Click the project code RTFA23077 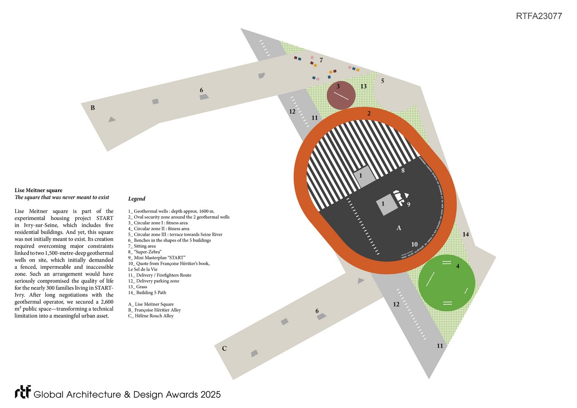(539, 16)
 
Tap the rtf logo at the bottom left (22, 392)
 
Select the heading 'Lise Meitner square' (39, 190)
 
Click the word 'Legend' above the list (136, 199)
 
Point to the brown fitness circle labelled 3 (340, 96)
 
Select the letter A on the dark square (399, 228)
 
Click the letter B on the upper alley (92, 108)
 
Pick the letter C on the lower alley (224, 348)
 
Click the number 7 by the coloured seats (321, 60)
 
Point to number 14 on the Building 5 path (465, 234)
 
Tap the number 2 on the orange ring (369, 113)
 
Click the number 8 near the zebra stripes (402, 171)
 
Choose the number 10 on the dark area (414, 244)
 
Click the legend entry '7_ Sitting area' (145, 246)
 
